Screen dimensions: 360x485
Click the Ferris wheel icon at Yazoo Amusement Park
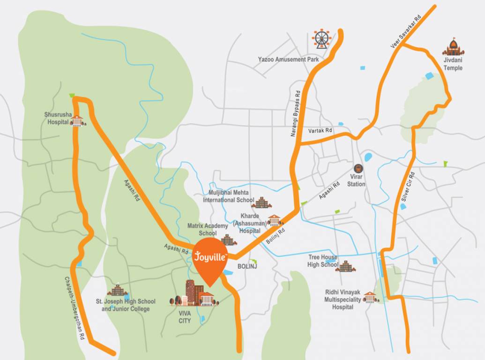pos(321,39)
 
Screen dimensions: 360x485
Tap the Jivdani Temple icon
pos(453,48)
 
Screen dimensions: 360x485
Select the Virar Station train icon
pos(358,168)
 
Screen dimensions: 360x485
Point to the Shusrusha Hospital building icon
pos(78,120)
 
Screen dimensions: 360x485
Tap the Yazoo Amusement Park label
pos(288,60)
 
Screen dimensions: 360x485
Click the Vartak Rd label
pos(320,131)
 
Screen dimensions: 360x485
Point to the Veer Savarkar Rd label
pos(406,31)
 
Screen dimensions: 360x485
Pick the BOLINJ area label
pos(247,266)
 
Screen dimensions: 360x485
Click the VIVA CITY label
pos(185,317)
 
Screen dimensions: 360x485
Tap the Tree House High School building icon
pos(345,267)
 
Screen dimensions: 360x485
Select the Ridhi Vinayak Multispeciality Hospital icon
pos(370,297)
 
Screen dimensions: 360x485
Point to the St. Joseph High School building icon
pos(117,290)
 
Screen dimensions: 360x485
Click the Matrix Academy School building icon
pos(228,240)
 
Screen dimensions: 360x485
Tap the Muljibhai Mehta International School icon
pos(261,202)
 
